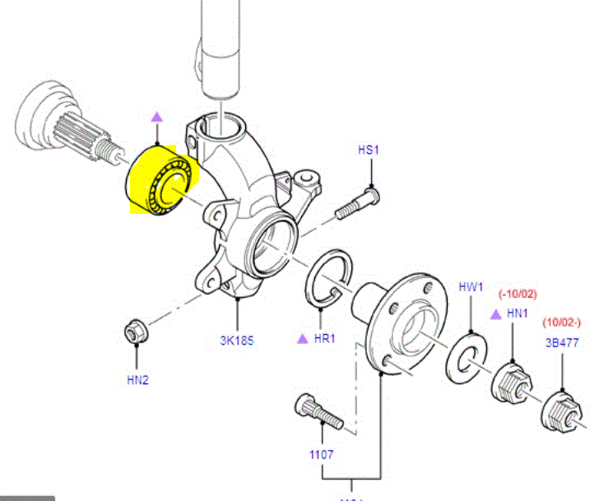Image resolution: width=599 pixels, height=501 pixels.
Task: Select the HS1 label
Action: pos(369,150)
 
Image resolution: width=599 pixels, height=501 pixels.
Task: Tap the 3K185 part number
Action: pos(237,339)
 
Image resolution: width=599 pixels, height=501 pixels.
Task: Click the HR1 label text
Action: pos(325,338)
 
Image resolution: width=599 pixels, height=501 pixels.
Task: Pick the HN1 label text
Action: pos(517,314)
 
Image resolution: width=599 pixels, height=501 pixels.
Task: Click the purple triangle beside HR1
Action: pos(302,338)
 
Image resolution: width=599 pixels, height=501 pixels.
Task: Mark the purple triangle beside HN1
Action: pos(495,314)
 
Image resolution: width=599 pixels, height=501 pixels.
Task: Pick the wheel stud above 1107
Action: pos(318,411)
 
